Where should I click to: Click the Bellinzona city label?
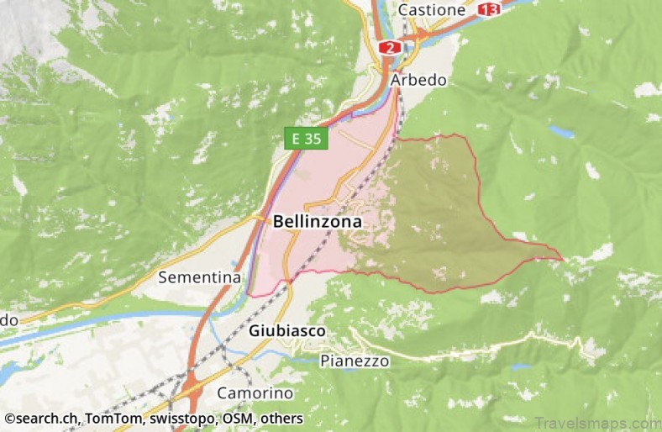318,222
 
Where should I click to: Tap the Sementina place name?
200,277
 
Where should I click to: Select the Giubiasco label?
286,331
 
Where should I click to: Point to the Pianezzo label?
355,361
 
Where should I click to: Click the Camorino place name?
255,392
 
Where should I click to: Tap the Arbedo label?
418,80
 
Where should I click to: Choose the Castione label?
432,9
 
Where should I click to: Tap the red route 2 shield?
388,48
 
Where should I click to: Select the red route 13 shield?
488,9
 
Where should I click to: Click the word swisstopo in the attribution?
185,418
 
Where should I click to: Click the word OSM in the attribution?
238,418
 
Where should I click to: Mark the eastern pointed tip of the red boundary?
562,259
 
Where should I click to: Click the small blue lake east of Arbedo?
562,132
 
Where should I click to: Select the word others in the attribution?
281,418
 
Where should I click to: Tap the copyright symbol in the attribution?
9,418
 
